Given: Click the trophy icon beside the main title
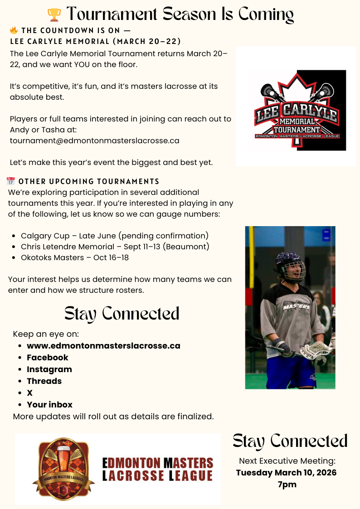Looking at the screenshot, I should (x=54, y=15).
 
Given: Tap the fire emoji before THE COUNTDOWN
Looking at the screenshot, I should (x=14, y=31).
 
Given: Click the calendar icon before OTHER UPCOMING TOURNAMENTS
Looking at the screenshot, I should (x=11, y=181).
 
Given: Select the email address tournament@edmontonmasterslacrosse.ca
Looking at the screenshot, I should (x=94, y=141).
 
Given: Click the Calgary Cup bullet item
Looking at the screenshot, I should (x=114, y=236).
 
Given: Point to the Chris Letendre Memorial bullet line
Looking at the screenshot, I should (x=115, y=247).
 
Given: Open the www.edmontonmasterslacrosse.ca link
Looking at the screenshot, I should (x=103, y=346).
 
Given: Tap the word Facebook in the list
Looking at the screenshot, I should (x=47, y=358).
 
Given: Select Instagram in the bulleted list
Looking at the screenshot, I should (x=49, y=369).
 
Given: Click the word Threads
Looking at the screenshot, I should (x=44, y=381).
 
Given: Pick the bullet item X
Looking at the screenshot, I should (x=30, y=393).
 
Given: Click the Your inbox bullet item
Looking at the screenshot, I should (x=49, y=405).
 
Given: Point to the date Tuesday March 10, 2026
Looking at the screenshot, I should (x=287, y=473).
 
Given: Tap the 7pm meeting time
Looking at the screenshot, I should (x=287, y=485).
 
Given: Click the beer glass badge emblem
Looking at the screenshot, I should (x=63, y=469).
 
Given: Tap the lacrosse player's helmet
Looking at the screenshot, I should (x=290, y=266).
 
